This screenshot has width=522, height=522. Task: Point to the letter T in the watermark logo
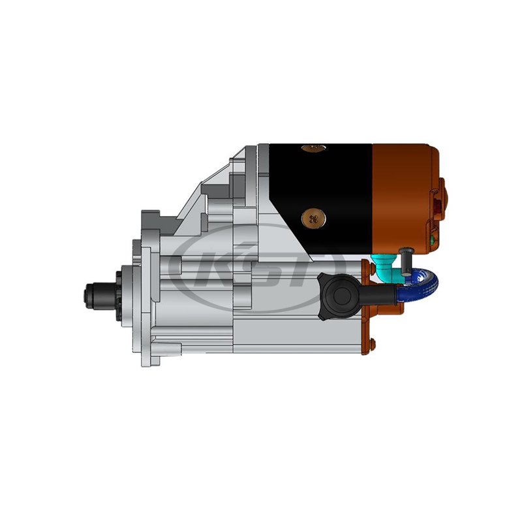coord(317,268)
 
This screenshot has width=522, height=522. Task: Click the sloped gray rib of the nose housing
coord(202,189)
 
